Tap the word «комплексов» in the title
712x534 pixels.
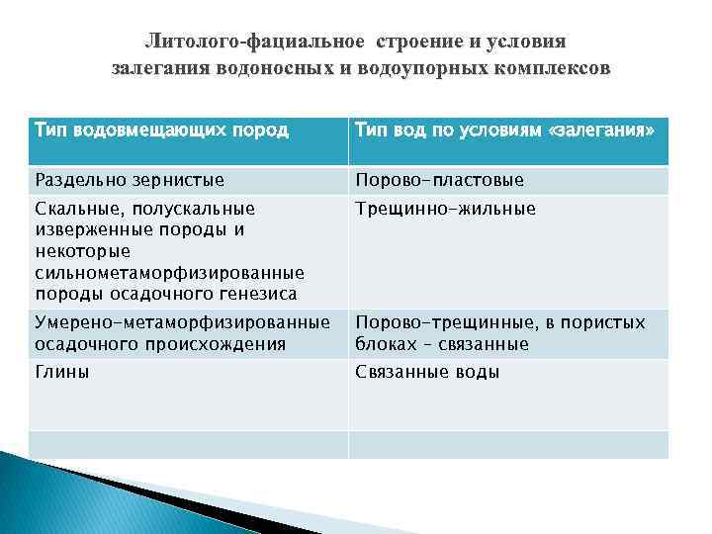tap(556, 69)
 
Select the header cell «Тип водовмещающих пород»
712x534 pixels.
tap(161, 131)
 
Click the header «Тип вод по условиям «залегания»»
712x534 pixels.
tap(504, 131)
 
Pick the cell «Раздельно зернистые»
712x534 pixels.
tap(130, 180)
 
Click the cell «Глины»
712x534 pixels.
tap(62, 372)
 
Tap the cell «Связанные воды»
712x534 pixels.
tap(427, 372)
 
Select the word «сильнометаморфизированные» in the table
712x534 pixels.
tap(169, 272)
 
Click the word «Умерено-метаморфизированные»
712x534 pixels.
tap(182, 322)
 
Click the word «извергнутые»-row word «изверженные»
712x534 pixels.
tap(90, 229)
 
